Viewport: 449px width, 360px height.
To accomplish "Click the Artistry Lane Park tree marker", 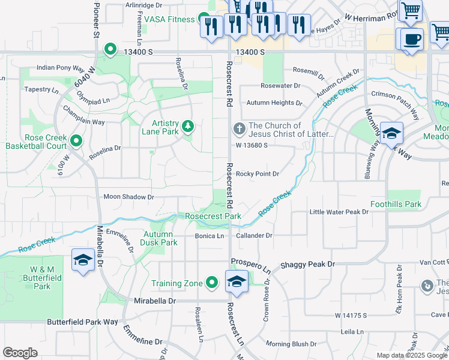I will (x=188, y=126).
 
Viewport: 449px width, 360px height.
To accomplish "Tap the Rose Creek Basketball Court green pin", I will (x=76, y=141).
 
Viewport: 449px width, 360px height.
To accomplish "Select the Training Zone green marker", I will (x=211, y=282).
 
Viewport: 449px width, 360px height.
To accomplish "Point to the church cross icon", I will (x=239, y=128).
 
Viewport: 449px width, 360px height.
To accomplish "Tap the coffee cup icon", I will (x=411, y=40).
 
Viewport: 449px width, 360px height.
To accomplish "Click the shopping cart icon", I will (x=410, y=10).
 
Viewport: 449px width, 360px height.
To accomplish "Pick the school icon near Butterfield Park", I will (x=82, y=260).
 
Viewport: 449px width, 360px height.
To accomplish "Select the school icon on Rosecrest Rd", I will (x=237, y=281).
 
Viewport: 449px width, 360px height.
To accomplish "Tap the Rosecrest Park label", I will (x=213, y=216).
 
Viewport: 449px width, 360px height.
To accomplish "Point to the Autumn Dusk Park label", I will (x=158, y=238).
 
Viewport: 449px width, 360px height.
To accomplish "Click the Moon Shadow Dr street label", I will (x=128, y=197).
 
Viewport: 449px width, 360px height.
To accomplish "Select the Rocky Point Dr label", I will (x=258, y=174).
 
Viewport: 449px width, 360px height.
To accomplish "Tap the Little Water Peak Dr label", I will (x=339, y=212).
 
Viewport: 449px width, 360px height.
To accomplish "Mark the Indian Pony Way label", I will (x=60, y=68).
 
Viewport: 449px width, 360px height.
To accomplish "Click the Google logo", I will (x=20, y=353).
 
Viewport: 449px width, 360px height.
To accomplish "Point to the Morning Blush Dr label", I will (x=291, y=344).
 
